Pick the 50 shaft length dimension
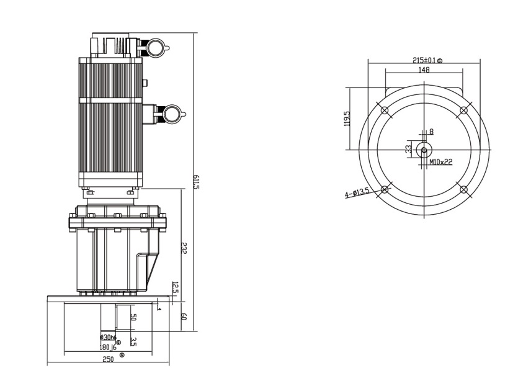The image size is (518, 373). tap(133, 317)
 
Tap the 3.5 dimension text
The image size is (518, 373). tap(133, 341)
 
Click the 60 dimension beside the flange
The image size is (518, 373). tap(184, 317)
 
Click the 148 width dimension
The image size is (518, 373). tap(424, 70)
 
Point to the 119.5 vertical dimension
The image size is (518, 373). tap(347, 119)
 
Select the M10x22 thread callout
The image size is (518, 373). tap(440, 163)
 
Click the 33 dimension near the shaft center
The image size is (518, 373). tap(408, 149)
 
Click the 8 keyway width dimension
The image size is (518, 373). tap(431, 132)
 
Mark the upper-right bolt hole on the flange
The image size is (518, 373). tap(463, 110)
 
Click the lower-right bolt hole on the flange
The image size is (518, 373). tap(463, 189)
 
